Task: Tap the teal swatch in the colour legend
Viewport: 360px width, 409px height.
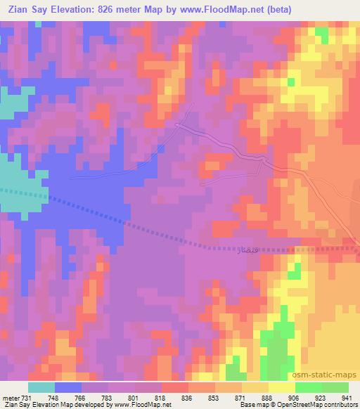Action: coord(41,387)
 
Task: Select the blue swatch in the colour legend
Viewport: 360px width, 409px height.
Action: coord(68,387)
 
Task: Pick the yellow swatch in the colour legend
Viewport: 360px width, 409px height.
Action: coord(282,387)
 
